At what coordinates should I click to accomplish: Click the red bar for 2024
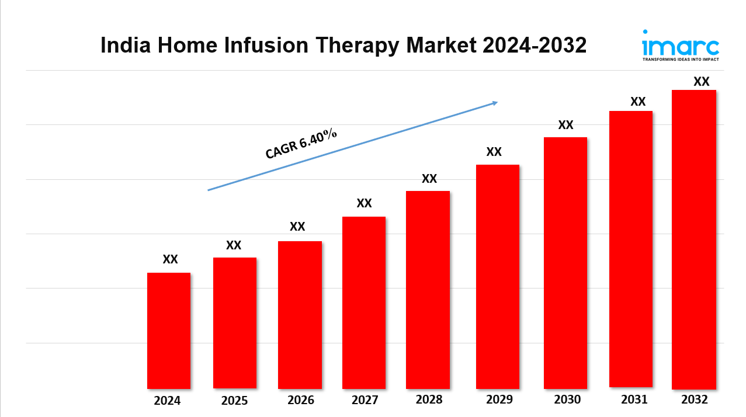tap(168, 331)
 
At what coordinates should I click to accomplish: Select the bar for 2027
tap(363, 303)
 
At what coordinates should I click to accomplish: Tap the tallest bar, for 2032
tap(693, 239)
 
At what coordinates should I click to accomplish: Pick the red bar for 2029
tap(497, 276)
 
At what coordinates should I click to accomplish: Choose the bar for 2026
tap(300, 315)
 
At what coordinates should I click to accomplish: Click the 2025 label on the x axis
tap(234, 401)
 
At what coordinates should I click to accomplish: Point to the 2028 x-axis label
tap(429, 400)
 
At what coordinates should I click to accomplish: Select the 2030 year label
tap(567, 400)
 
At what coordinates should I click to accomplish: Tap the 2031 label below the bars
tap(634, 400)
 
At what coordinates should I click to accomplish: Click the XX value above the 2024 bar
tap(170, 259)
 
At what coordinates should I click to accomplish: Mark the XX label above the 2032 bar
tap(701, 82)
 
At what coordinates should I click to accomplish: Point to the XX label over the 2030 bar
tap(565, 125)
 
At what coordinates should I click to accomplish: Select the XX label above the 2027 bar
tap(364, 203)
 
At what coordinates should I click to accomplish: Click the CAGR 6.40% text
tap(301, 144)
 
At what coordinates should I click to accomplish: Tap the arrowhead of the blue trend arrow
tap(494, 103)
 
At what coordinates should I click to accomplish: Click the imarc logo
tap(680, 44)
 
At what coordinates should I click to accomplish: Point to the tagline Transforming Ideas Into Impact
tap(680, 60)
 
